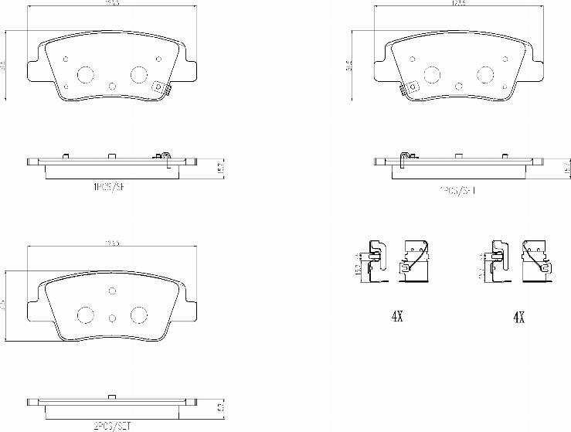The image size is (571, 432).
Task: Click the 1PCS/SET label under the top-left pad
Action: [x=107, y=186]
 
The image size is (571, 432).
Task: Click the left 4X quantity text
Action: [x=398, y=317]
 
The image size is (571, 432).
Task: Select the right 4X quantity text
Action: [x=519, y=317]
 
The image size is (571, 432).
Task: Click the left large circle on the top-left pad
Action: [x=84, y=74]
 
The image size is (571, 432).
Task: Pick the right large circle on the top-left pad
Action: [x=139, y=74]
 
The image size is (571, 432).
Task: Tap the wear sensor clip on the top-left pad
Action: [x=162, y=89]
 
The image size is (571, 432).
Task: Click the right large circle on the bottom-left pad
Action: [x=139, y=314]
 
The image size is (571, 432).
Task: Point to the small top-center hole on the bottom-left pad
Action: [x=112, y=291]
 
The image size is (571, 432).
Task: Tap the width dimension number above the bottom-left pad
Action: [x=112, y=243]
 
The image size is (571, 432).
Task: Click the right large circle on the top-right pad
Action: [x=486, y=74]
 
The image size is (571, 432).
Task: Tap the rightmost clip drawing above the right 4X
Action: [x=535, y=262]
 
